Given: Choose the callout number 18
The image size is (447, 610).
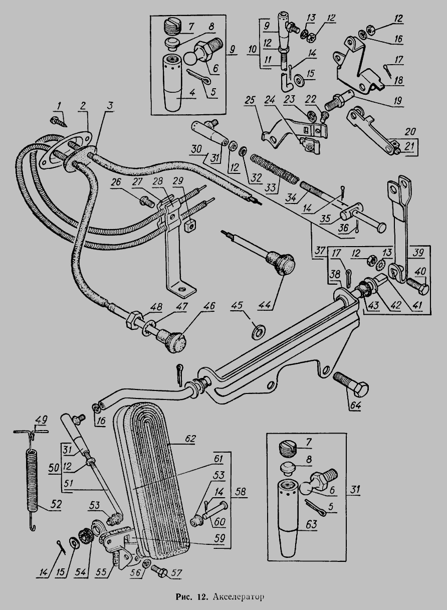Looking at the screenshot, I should tap(399, 79).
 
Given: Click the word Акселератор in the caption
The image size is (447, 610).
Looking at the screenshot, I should tap(239, 597).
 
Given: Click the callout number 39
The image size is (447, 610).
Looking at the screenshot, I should tap(419, 251).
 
